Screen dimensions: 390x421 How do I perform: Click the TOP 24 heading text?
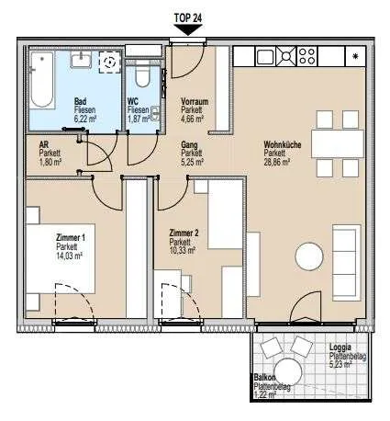tap(188, 18)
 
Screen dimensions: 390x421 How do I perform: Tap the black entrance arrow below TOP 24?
tap(188, 30)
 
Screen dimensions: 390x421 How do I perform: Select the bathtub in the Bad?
tap(42, 79)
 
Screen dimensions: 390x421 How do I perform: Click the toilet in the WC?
tap(142, 75)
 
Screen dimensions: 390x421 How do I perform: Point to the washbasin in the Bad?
tap(82, 60)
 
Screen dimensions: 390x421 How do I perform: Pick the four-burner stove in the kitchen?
tap(307, 56)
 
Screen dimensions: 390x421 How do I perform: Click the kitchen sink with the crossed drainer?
tap(276, 56)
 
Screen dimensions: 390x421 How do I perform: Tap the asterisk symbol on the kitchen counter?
tap(355, 56)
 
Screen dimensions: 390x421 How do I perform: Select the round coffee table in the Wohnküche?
tap(309, 256)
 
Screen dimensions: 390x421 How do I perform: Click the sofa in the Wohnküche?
tap(347, 263)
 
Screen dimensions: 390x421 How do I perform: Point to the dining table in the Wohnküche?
tap(338, 143)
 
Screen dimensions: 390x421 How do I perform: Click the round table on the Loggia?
tap(288, 372)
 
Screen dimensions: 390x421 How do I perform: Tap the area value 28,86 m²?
tap(276, 162)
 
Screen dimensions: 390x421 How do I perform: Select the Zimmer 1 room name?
tap(71, 237)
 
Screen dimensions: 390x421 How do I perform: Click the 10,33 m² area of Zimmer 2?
tap(183, 251)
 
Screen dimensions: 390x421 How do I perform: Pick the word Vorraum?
tap(195, 101)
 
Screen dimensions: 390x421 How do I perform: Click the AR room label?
tap(44, 144)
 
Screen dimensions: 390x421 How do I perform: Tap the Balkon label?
tap(264, 378)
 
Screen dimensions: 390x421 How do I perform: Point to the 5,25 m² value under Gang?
tap(193, 162)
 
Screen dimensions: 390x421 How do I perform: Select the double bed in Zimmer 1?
tap(60, 258)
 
